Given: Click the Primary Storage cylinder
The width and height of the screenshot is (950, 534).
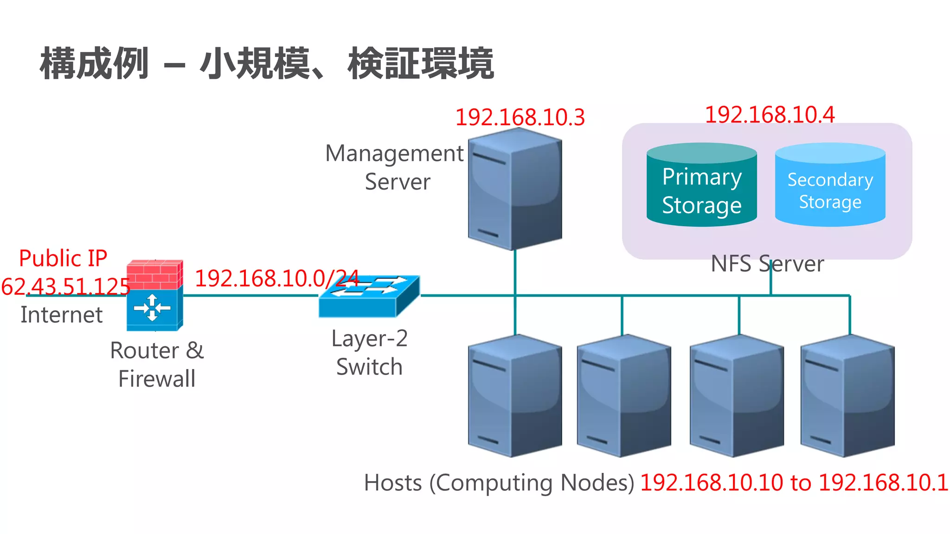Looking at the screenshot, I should pos(701,185).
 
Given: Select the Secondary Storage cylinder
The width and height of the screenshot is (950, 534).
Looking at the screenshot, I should pos(830,185).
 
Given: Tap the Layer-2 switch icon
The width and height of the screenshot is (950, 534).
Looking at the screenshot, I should pos(369,297).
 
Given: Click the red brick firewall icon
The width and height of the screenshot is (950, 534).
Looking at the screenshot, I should pos(154,274).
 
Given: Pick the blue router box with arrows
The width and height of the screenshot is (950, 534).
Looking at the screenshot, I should pos(153,308).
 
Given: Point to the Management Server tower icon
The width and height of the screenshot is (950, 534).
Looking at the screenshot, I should pos(515,190).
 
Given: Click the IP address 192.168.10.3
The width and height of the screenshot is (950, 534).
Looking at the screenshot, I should pos(520,117).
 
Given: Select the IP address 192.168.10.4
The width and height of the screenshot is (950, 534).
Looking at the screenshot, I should pos(770,114).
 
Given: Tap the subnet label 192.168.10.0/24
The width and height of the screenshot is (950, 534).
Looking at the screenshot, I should pos(277,279).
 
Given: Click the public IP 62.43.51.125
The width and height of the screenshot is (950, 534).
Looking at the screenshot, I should pos(65,286).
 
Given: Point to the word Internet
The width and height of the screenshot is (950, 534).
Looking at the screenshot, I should pos(61,315).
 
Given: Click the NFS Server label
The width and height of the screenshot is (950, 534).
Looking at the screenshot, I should pos(767,264).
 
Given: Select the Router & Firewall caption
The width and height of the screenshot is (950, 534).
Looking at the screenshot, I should pos(157,364).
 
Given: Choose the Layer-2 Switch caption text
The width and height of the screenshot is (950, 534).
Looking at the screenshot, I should pos(369,352).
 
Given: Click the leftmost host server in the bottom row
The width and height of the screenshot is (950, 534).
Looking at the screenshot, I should pos(515,396).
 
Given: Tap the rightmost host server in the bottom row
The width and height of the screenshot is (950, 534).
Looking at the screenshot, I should pos(847,396).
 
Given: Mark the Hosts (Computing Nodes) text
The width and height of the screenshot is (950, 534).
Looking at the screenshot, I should pos(499,483).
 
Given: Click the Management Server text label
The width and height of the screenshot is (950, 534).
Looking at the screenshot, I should pos(394,167).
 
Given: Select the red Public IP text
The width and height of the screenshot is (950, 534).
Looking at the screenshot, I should pos(63,258).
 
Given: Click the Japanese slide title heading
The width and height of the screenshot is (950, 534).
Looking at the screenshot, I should pos(267,64).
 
